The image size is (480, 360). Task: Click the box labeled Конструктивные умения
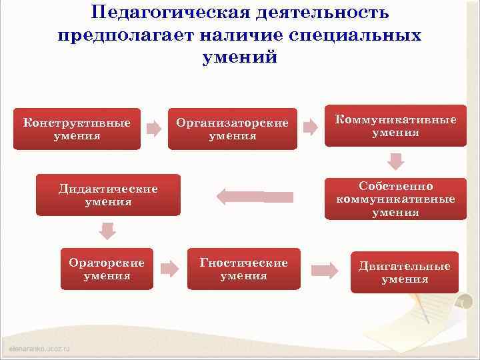click(x=77, y=129)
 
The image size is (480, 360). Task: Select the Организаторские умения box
click(x=232, y=129)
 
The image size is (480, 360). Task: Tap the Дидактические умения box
click(x=108, y=195)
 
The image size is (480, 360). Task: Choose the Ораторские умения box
click(x=107, y=269)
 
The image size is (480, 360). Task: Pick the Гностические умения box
click(x=244, y=269)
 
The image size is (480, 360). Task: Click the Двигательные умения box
click(x=405, y=272)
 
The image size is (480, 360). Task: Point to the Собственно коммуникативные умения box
click(x=395, y=199)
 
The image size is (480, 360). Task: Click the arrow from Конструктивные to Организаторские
click(x=154, y=129)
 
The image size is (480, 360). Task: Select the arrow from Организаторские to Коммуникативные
click(x=310, y=127)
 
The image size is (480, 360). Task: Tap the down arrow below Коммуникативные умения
click(x=396, y=162)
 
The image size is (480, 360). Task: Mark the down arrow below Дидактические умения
click(x=107, y=231)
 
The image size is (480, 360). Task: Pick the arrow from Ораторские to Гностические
click(x=170, y=269)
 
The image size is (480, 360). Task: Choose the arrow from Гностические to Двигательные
click(x=325, y=270)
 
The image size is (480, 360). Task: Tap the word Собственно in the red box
click(x=396, y=186)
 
